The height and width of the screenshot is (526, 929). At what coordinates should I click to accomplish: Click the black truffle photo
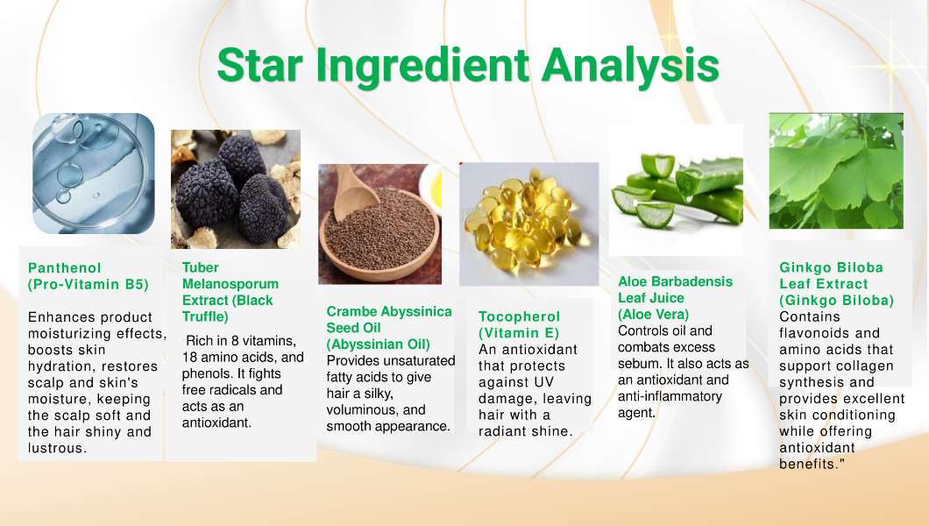236,189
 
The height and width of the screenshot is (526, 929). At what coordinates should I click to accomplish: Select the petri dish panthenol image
94,173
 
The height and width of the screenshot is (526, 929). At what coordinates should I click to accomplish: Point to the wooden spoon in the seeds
354,191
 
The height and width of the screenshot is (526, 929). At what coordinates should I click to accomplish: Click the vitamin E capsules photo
529,224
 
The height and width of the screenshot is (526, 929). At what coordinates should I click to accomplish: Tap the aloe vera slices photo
676,189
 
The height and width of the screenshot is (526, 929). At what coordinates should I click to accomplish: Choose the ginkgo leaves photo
836,171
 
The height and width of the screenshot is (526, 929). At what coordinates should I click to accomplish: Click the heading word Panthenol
65,267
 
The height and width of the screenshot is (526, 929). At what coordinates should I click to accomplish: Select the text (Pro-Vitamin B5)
89,284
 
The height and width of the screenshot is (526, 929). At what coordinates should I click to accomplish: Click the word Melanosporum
230,284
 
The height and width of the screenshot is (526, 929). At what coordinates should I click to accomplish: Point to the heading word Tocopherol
519,316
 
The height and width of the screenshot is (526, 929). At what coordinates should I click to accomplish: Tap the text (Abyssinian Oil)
378,345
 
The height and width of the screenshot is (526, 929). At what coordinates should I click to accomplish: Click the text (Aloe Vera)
654,314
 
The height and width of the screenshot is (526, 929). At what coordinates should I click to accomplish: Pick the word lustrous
58,448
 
